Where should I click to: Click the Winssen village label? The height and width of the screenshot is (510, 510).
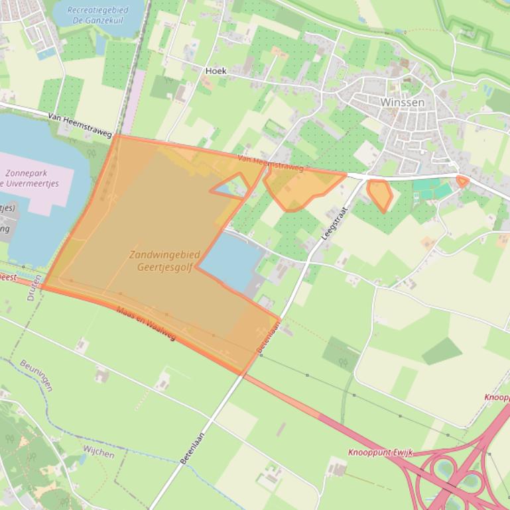pos(402,103)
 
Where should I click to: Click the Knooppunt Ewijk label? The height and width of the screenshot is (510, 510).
pos(380,452)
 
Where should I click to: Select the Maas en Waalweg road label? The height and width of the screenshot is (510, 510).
pos(146,323)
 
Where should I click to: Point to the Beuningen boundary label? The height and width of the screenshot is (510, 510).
pos(36,376)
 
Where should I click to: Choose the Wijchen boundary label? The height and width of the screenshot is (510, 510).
pos(98,452)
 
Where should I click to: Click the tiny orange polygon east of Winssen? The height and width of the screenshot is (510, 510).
pos(462,181)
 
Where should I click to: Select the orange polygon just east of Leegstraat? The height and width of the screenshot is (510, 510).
pos(380,194)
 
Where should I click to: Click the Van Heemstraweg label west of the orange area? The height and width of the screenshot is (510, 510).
pos(80,125)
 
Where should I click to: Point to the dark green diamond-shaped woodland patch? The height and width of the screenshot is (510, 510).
pos(442,351)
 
